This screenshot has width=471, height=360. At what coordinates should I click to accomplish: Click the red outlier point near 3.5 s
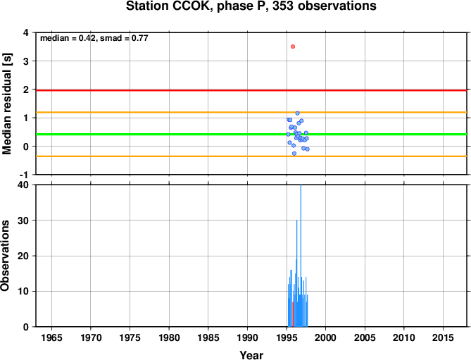point(293,46)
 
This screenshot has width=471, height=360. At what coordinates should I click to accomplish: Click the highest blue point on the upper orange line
point(297,113)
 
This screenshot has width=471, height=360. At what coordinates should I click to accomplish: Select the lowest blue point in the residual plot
point(294,154)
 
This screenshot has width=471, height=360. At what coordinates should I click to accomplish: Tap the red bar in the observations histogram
point(293,314)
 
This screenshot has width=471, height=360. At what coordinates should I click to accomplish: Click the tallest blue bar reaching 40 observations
point(301,256)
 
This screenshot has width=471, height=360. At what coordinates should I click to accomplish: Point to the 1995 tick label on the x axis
point(287,337)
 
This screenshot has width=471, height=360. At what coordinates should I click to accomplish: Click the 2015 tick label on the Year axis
point(443,337)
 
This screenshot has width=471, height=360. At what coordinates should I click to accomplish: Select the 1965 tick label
point(51,337)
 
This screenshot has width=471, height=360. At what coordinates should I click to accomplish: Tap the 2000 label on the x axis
point(325,337)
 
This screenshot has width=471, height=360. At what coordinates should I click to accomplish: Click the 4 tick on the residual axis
point(26,32)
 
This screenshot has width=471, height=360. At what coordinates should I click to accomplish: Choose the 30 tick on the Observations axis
point(23,221)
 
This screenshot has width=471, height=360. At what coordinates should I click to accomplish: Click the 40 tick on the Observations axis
point(23,185)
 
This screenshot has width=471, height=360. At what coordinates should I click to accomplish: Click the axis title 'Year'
point(251,355)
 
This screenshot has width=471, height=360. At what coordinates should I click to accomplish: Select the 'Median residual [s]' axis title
point(6,104)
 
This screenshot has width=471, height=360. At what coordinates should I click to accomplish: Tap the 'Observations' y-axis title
point(5,256)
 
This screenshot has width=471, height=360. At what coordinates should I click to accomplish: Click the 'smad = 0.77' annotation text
point(124,38)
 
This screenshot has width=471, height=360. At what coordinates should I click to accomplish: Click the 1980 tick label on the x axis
point(169,337)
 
